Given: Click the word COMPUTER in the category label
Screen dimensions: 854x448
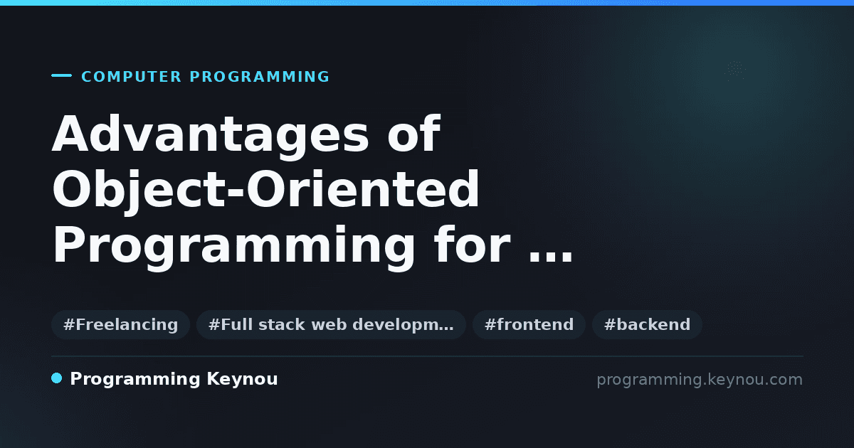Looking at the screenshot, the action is pos(131,77).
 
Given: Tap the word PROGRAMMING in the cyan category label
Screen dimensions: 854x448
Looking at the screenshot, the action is pos(259,77).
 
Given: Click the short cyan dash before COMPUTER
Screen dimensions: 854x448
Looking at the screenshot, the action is pos(61,75).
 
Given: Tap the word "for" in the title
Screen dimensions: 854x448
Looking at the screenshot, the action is pos(472,244).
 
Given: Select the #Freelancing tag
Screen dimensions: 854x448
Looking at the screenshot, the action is pos(120,324).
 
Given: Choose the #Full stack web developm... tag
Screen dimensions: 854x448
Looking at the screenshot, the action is pos(331,324).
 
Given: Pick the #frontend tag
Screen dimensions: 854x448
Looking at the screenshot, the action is pos(529,324).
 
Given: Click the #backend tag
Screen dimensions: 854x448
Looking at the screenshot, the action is pos(647,324).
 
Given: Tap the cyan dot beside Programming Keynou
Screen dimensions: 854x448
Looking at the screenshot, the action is pos(56,378).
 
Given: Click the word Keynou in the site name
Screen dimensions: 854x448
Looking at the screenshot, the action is pos(242,380).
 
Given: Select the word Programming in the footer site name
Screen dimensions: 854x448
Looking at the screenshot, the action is pos(135,380).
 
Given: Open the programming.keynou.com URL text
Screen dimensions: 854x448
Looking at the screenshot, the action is pos(700,380).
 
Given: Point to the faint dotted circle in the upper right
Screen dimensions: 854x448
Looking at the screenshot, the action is pos(735,70).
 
